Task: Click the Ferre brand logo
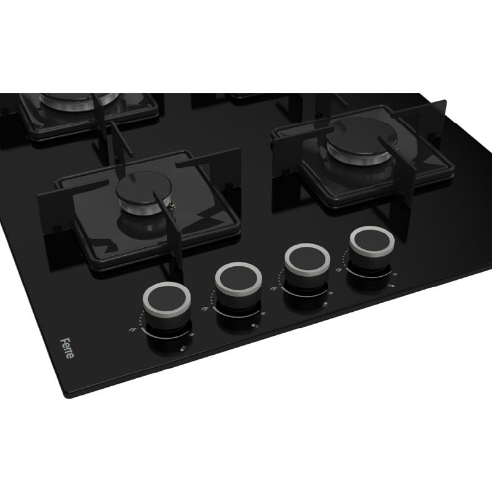67,348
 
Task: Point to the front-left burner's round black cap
144,188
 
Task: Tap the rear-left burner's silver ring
79,100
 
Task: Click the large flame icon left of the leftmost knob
132,329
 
